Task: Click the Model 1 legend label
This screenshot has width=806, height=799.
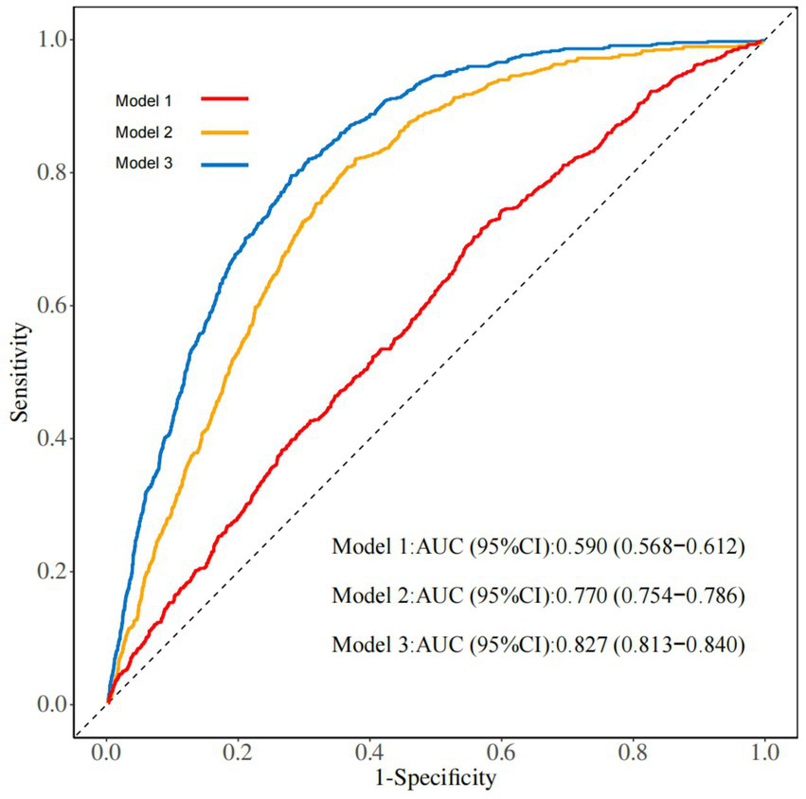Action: coord(143,99)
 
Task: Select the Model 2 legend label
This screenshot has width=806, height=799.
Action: coord(143,132)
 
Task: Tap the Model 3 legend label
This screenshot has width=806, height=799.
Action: coord(143,164)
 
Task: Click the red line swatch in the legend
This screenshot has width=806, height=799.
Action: coord(224,98)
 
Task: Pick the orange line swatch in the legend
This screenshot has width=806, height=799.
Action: coord(224,132)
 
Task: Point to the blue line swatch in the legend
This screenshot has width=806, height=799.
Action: coord(224,164)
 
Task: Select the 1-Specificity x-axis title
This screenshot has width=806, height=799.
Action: coord(436,778)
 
